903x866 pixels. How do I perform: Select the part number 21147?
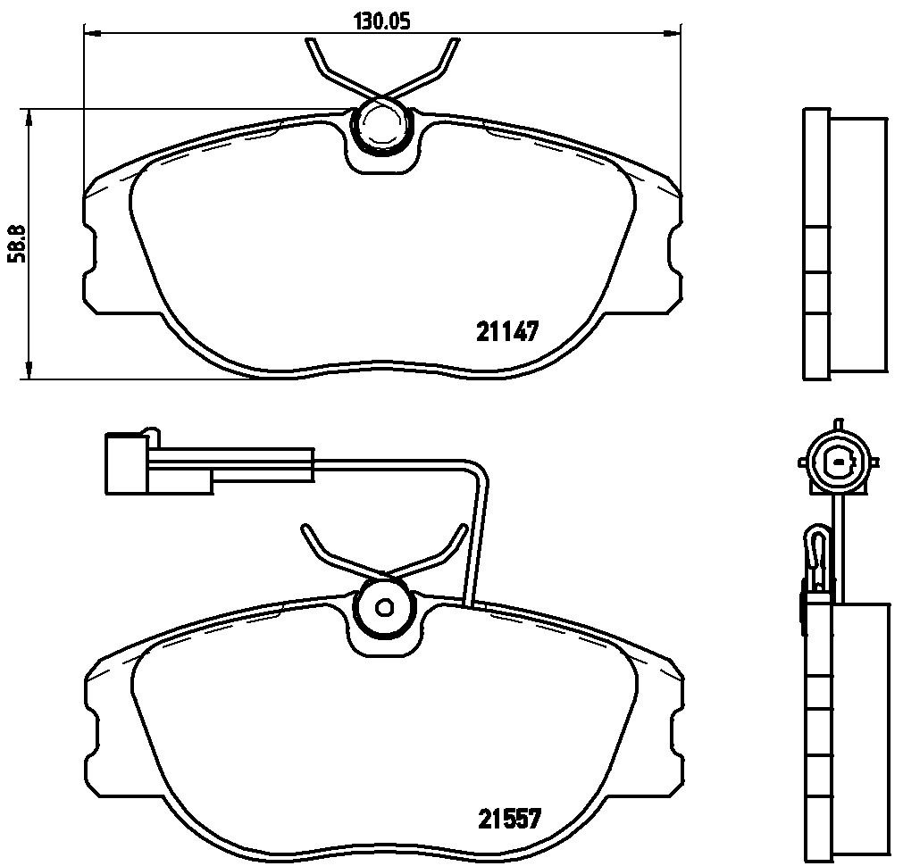(x=506, y=331)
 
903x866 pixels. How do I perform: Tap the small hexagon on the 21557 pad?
(x=383, y=607)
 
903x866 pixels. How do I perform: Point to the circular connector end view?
(x=838, y=462)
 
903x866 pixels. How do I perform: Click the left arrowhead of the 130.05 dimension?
(x=92, y=33)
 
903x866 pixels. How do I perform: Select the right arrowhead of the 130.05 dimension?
(x=673, y=33)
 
